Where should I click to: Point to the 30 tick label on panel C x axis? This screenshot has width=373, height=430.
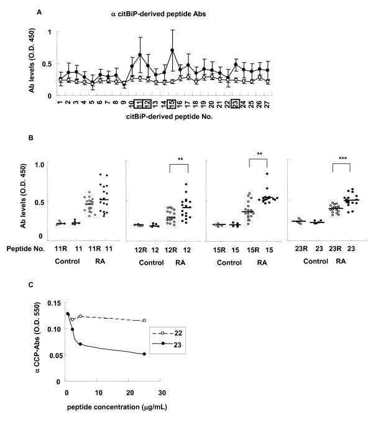tap(161, 393)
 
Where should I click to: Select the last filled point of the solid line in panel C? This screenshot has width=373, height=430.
tap(144, 372)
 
